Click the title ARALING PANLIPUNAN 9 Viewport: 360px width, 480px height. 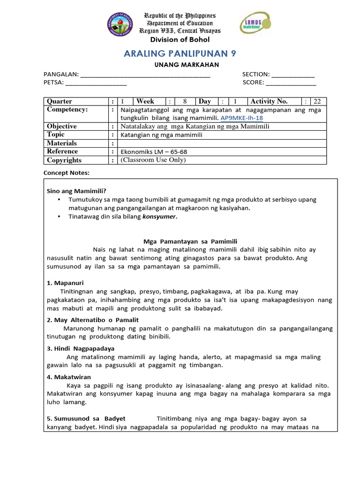pyautogui.click(x=180, y=53)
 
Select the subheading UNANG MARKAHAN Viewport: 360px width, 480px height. pyautogui.click(x=180, y=65)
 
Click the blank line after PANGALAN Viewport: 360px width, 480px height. pyautogui.click(x=145, y=75)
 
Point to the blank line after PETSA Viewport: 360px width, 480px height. pyautogui.click(x=96, y=83)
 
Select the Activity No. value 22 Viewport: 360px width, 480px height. pyautogui.click(x=317, y=101)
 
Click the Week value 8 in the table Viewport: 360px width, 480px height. pyautogui.click(x=185, y=101)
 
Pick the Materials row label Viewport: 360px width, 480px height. pyautogui.click(x=62, y=143)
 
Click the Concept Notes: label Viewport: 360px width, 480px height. pyautogui.click(x=66, y=172)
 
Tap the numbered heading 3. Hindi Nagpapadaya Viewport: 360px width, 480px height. pyautogui.click(x=81, y=348)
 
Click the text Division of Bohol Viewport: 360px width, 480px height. pyautogui.click(x=180, y=39)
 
